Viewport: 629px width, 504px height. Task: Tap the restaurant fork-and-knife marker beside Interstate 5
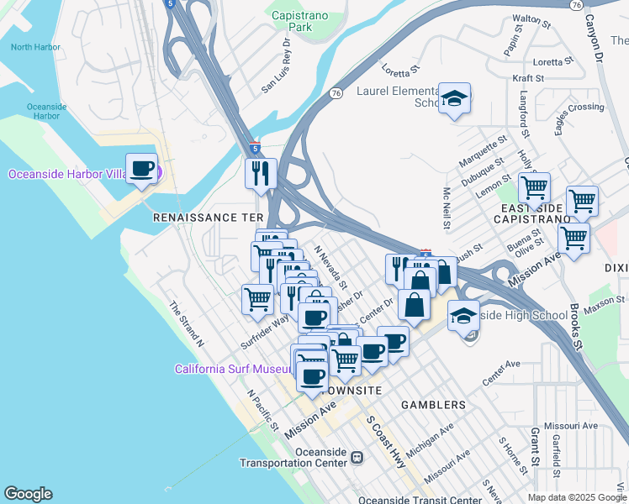[261, 173]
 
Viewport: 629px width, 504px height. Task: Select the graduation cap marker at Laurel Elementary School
[455, 99]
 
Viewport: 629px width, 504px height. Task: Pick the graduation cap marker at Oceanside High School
[463, 317]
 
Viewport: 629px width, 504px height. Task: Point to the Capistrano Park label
[301, 21]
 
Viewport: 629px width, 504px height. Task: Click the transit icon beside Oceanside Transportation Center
[357, 458]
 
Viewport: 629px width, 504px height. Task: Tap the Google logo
[28, 494]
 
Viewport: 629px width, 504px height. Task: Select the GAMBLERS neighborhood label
[434, 405]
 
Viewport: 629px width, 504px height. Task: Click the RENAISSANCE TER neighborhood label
[208, 217]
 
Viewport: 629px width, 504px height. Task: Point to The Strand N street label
[187, 324]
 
